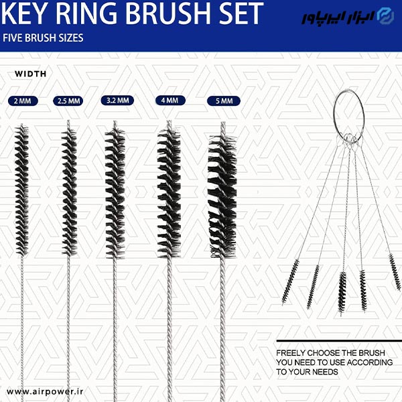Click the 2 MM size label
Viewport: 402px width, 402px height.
23,100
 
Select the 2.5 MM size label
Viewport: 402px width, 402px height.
68,100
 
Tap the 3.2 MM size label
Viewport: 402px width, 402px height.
117,100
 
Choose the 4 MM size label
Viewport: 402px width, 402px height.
170,100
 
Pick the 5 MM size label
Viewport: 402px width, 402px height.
224,100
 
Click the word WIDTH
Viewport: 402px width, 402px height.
31,74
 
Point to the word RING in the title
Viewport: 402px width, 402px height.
86,13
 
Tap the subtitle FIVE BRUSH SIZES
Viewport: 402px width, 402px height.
43,38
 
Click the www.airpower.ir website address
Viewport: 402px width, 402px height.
45,391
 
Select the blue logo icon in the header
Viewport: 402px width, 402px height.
387,16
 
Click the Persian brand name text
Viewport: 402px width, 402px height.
338,17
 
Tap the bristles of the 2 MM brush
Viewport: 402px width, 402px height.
21,190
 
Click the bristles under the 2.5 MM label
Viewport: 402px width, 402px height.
69,191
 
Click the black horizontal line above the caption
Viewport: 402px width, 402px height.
339,341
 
